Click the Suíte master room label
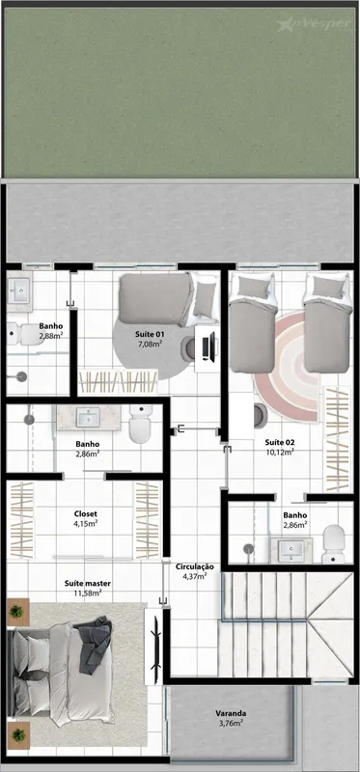point(88,584)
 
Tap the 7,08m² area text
point(151,344)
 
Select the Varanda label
point(231,713)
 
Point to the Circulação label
point(195,566)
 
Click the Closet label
point(85,513)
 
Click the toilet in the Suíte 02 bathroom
point(333,543)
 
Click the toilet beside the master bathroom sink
point(140,424)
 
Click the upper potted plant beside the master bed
point(16,612)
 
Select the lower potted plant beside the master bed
point(18,735)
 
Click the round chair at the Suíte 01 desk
point(189,347)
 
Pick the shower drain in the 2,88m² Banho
point(20,376)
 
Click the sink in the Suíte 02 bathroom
point(293,549)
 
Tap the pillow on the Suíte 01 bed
point(204,301)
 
